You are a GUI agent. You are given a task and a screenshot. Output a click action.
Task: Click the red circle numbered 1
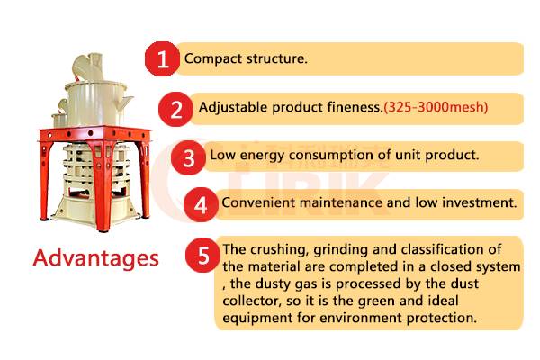coord(162,58)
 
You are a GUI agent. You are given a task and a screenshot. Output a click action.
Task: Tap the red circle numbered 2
coord(176,109)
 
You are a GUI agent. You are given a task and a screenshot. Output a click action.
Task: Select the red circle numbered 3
coord(188,157)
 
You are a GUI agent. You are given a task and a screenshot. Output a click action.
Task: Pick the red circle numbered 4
coord(201,204)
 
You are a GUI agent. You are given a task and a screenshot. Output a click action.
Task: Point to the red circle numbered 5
coord(202,256)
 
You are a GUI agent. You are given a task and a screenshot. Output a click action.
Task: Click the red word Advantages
coord(96,258)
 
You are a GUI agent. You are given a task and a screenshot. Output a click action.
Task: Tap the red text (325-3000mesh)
coord(436,107)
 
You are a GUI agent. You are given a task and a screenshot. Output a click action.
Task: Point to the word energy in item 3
coord(263,156)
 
